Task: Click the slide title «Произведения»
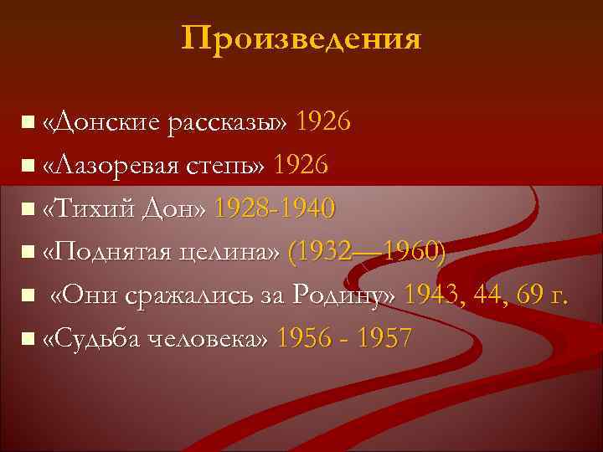pos(301,39)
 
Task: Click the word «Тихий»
pos(91,208)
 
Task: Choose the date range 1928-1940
pos(275,208)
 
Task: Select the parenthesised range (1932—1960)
pos(365,251)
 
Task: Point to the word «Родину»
pos(344,295)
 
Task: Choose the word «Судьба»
pos(96,338)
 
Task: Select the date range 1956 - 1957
pos(344,338)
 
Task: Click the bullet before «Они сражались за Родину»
pos(28,295)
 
